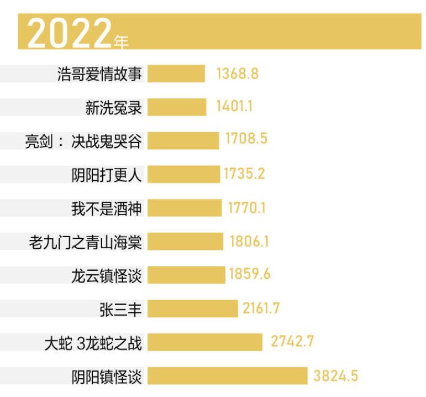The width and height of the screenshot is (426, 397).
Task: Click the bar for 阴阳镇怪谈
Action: (227, 376)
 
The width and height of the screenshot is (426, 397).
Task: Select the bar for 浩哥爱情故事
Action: (176, 74)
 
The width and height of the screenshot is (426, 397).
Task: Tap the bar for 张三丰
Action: (192, 309)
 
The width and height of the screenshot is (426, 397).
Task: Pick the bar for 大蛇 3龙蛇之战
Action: (204, 342)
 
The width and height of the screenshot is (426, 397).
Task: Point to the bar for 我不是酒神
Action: (185, 208)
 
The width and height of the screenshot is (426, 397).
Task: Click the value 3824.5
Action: (335, 376)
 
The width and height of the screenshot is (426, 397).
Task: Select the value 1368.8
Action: (238, 74)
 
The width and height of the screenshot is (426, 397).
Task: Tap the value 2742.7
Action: (292, 342)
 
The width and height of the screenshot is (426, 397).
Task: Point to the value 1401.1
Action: (234, 107)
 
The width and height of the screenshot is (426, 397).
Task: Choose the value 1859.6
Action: (250, 274)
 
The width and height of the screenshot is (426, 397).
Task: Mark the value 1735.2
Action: (244, 174)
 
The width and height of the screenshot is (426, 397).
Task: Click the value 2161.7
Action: (261, 309)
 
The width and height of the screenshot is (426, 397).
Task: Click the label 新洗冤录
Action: (113, 107)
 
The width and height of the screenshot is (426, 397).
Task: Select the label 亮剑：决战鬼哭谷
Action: (83, 141)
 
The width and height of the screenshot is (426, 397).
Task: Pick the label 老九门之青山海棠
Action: (85, 242)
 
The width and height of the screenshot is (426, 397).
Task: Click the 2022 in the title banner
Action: (69, 33)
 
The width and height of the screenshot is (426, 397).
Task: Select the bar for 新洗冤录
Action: (176, 107)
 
